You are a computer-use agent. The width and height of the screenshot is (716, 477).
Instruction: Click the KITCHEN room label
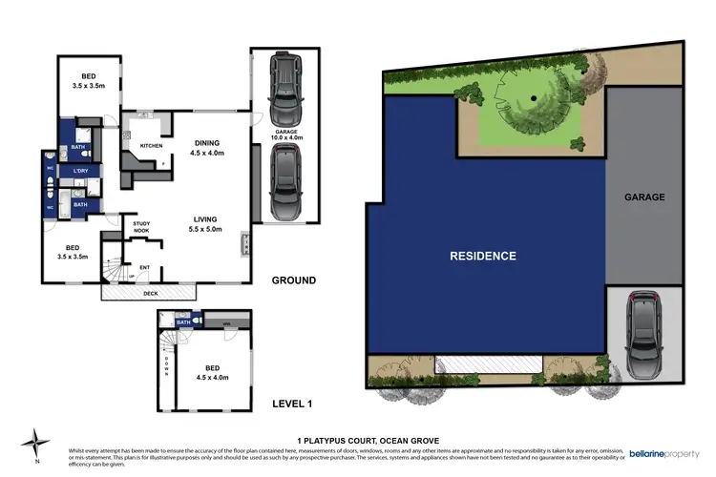point(152,146)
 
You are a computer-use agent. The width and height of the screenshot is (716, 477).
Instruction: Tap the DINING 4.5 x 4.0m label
point(207,146)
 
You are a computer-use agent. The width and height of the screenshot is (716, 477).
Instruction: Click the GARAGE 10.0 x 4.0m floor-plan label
point(288,135)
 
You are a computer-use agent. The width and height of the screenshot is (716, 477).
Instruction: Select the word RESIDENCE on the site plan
point(483,256)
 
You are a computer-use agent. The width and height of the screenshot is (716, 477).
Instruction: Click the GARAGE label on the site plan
point(643,197)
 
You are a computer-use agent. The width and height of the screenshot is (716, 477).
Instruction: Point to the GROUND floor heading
point(295,280)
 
